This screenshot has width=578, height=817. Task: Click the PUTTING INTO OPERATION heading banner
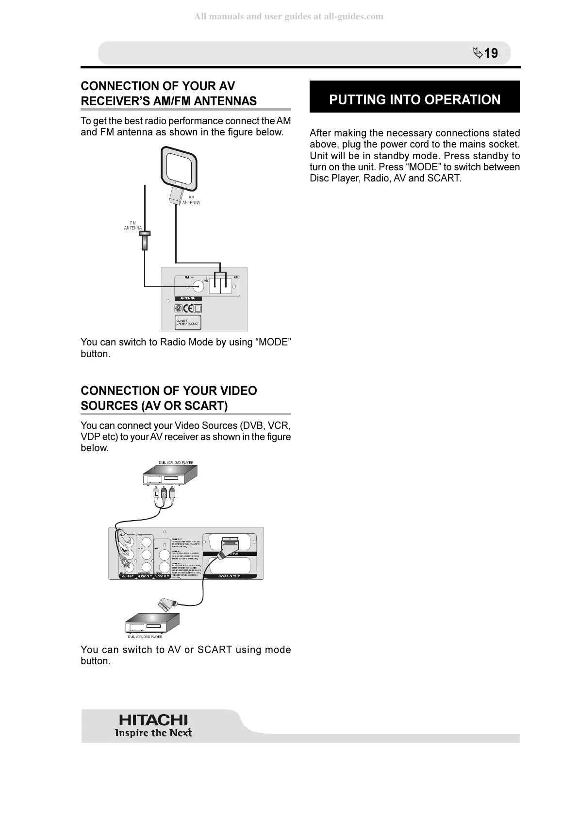point(414,99)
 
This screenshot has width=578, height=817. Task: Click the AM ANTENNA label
point(191,200)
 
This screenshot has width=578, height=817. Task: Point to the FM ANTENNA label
point(132,226)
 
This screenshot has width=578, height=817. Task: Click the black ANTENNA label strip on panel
point(188,298)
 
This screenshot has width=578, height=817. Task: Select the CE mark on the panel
point(188,309)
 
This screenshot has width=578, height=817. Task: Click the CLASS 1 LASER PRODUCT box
point(187,322)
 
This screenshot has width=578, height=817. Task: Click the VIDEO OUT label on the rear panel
point(162,576)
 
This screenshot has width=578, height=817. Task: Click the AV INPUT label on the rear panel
point(127,576)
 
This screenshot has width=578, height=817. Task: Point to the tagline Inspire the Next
point(153,733)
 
